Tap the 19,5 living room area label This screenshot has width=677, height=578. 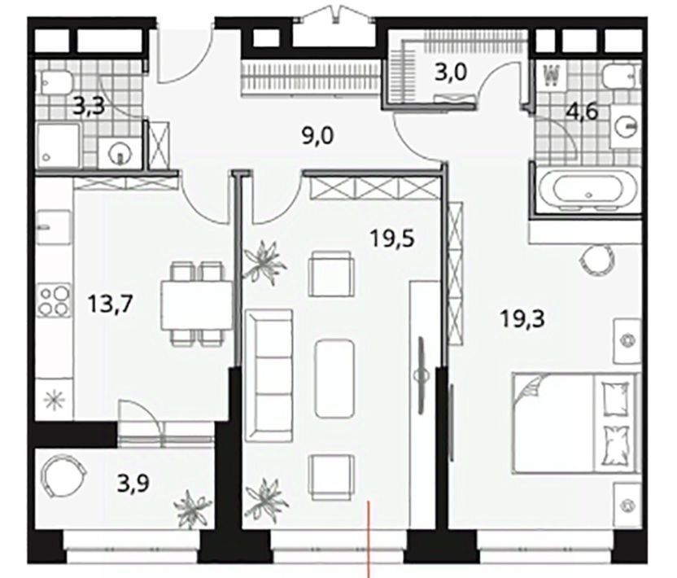[x=393, y=238]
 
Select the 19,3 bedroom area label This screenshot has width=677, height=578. [x=523, y=320]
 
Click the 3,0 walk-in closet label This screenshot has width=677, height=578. [x=451, y=72]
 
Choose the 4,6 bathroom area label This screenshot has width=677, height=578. [x=582, y=113]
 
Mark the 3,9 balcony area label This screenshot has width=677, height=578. [x=133, y=484]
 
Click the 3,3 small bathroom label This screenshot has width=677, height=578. [x=89, y=107]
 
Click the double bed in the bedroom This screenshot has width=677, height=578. [x=575, y=423]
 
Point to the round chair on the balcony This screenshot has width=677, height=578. [x=63, y=476]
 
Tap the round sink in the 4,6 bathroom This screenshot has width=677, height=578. [x=625, y=125]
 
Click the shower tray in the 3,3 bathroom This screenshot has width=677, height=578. [x=59, y=145]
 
